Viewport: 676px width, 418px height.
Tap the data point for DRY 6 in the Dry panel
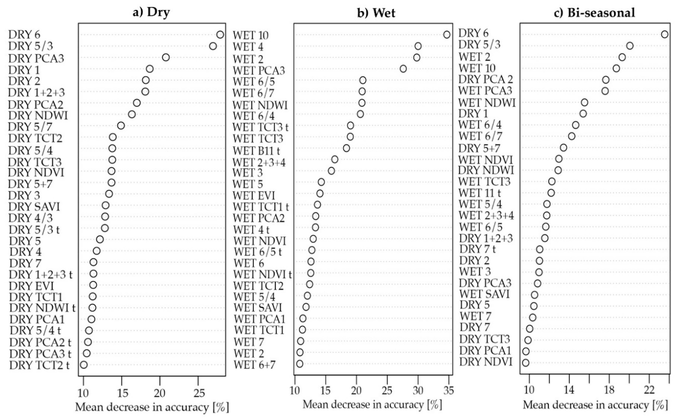(x=220, y=35)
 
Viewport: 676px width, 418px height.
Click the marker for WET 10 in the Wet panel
(x=447, y=35)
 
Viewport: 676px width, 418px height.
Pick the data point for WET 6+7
(x=300, y=364)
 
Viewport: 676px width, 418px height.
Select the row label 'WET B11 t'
(x=256, y=151)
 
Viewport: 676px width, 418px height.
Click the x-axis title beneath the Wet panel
(x=372, y=404)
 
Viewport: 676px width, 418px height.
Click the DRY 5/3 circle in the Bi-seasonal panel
(x=630, y=46)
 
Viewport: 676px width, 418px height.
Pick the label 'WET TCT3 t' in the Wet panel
(x=261, y=127)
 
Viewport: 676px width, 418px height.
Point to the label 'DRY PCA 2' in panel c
(x=486, y=80)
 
